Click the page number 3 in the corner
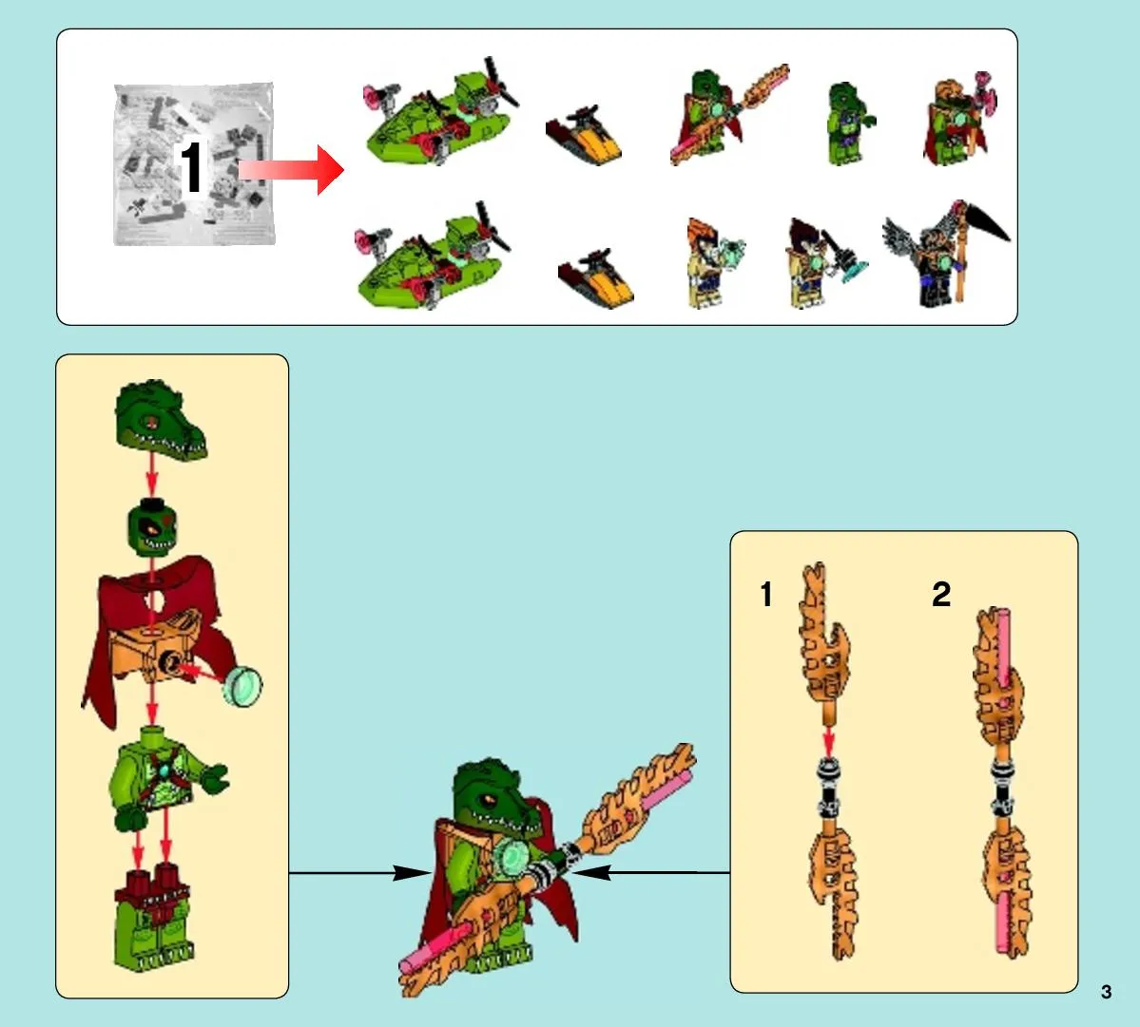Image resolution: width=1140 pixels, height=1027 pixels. click(x=1106, y=992)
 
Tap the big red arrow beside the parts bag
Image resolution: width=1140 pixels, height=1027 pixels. click(x=291, y=170)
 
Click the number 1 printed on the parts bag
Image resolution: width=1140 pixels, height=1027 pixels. click(x=191, y=167)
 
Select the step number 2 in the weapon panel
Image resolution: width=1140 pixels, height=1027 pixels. click(x=941, y=594)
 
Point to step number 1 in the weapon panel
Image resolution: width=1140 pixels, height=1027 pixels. click(x=765, y=594)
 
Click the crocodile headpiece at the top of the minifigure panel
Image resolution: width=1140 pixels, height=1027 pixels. click(x=160, y=420)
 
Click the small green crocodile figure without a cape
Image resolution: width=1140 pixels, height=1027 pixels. click(x=849, y=123)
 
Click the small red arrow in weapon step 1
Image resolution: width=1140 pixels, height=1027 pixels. click(x=828, y=742)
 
